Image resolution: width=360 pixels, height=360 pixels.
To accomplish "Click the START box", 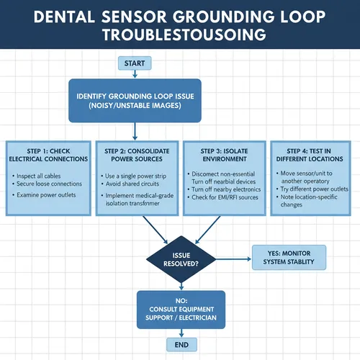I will (135, 63).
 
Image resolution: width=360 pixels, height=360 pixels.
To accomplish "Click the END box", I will (181, 345).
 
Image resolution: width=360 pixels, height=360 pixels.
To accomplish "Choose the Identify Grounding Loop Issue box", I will (135, 101).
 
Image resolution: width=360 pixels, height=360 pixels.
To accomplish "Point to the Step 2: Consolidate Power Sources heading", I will (135, 154).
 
